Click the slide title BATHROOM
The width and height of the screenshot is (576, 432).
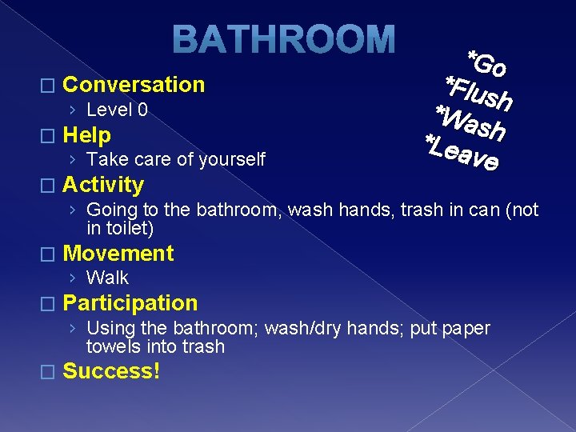284,40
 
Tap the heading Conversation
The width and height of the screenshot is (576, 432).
134,85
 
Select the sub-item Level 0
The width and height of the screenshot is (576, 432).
117,110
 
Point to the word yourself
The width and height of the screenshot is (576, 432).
232,159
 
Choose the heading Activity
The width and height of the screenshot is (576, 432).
103,185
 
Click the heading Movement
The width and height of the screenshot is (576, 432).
118,254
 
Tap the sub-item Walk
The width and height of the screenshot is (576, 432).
107,278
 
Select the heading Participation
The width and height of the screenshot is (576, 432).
130,303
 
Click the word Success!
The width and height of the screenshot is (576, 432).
111,371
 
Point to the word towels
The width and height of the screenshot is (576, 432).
112,346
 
